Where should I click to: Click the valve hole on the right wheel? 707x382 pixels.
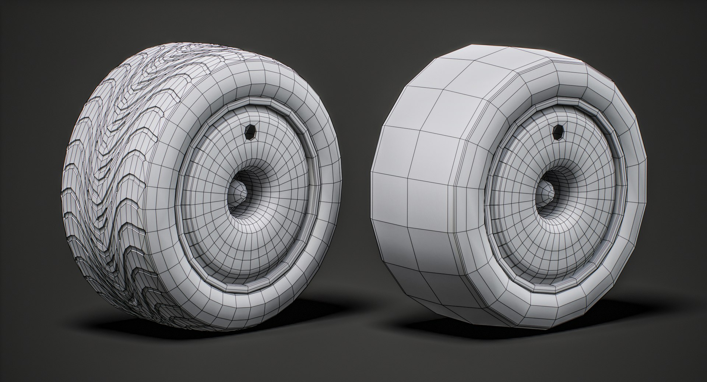point(558,131)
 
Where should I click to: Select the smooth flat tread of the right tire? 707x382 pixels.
point(416,184)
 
